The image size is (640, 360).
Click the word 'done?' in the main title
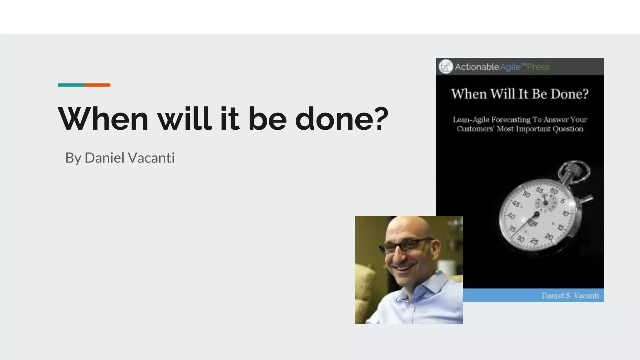pyautogui.click(x=342, y=119)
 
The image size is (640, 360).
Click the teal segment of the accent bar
pyautogui.click(x=71, y=85)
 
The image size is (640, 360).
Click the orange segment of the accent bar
pyautogui.click(x=97, y=85)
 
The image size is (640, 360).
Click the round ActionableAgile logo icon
pyautogui.click(x=446, y=67)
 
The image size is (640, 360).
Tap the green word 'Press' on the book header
pyautogui.click(x=538, y=67)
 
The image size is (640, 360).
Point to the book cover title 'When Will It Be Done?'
pyautogui.click(x=520, y=94)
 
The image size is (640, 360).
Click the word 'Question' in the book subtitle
pyautogui.click(x=568, y=129)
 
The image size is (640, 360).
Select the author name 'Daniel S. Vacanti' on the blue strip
pyautogui.click(x=570, y=296)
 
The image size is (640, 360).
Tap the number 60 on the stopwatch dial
pyautogui.click(x=554, y=191)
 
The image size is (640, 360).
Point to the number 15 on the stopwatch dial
pyautogui.click(x=561, y=227)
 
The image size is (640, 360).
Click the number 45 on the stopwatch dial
pyautogui.click(x=516, y=204)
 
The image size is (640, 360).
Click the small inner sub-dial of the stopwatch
pyautogui.click(x=546, y=203)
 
